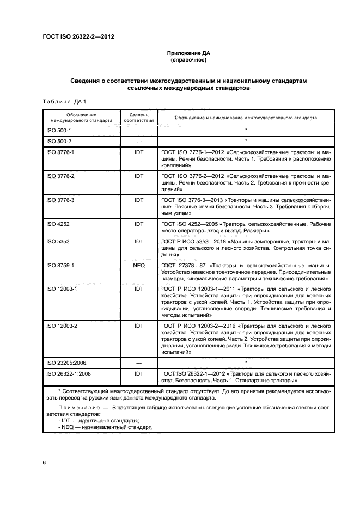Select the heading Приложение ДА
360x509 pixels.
[x=188, y=53]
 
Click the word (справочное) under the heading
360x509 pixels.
[x=188, y=61]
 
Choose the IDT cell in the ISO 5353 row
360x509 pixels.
[x=138, y=240]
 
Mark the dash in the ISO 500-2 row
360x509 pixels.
[x=138, y=141]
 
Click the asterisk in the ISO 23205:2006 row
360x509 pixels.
[x=246, y=361]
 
